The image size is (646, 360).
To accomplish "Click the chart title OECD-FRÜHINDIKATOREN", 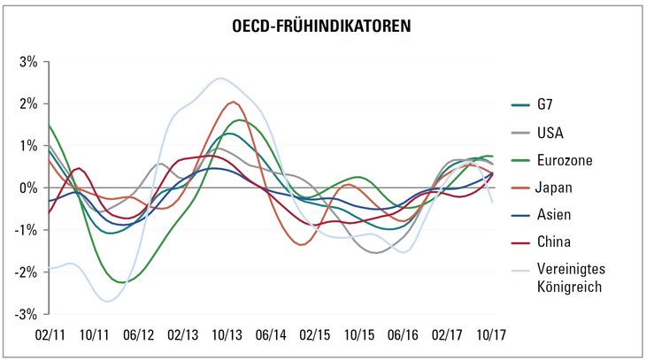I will (x=322, y=27).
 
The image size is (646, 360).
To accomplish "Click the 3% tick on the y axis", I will (x=28, y=62).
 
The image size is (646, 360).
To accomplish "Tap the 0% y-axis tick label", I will (x=28, y=188).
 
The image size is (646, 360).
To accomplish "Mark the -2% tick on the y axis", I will (x=27, y=272).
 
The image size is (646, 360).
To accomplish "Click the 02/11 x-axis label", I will (x=50, y=336).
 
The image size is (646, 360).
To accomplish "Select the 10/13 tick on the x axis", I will (x=227, y=336).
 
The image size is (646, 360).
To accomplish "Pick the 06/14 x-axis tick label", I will (x=271, y=336).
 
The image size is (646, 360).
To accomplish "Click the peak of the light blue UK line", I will (x=221, y=79).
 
